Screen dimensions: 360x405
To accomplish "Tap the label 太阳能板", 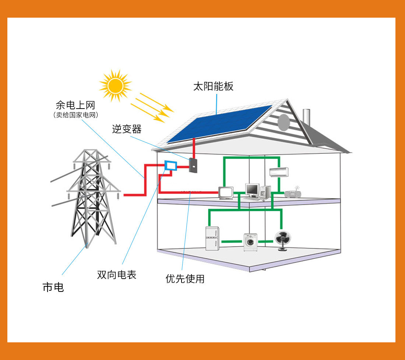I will [213, 87].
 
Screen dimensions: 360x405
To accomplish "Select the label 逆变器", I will [127, 129].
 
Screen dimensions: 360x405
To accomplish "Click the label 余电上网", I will [75, 106].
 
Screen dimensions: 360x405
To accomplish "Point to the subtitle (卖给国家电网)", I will [75, 115].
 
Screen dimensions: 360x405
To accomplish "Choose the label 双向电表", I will [117, 275].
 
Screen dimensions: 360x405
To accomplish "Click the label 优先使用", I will [185, 279].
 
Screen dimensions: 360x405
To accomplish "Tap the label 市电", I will [53, 287].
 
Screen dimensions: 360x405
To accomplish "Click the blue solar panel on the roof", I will [219, 123].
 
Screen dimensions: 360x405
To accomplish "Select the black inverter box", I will [193, 165].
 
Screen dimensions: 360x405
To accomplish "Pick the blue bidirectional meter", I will [170, 165].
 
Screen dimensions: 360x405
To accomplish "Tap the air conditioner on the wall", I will [279, 172].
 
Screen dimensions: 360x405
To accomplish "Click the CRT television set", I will [226, 193].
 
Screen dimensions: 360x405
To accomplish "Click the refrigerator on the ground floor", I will [212, 239].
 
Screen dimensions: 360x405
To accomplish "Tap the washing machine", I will [250, 241].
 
